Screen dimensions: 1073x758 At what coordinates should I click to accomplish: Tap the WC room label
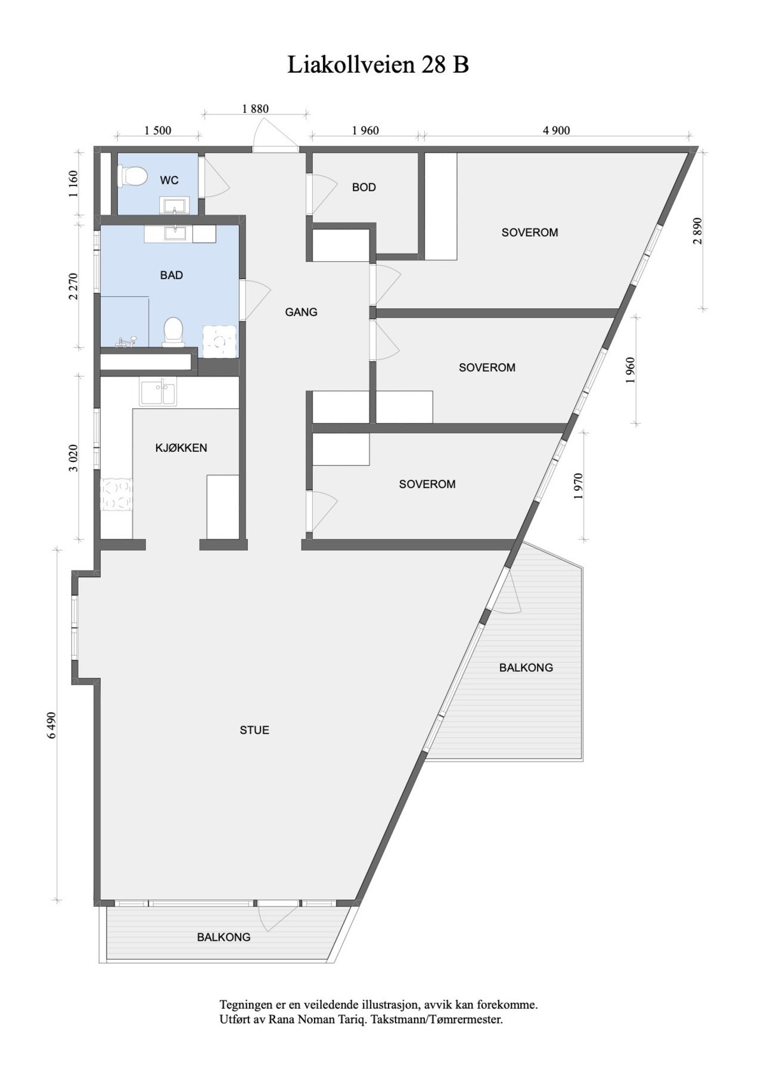[169, 180]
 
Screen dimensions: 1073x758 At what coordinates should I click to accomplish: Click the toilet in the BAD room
[173, 331]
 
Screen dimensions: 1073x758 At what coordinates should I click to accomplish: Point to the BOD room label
[364, 187]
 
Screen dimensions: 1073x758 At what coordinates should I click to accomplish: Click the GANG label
[301, 312]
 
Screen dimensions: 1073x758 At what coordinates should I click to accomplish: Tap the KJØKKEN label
[181, 448]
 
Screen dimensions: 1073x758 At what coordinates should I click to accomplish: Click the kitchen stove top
[116, 495]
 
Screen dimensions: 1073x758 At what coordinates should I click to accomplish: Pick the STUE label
[254, 730]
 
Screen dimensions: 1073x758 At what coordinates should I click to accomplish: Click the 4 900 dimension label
[557, 131]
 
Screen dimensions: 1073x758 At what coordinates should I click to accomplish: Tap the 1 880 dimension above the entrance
[255, 108]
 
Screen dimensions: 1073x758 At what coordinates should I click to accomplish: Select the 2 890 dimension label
[698, 230]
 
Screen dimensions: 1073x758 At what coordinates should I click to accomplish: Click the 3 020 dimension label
[73, 457]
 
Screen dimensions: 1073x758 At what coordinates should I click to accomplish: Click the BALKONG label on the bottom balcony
[223, 937]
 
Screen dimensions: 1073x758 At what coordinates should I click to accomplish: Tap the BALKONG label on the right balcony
[526, 668]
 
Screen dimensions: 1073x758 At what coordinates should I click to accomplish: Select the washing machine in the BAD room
[220, 342]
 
